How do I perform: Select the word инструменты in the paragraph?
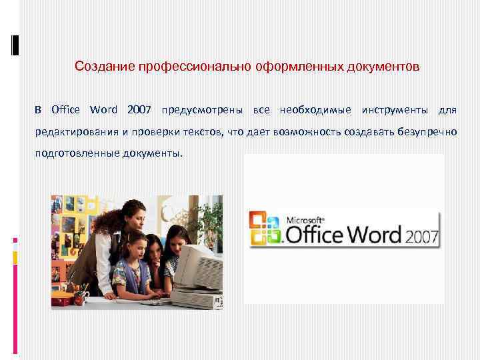coord(395,109)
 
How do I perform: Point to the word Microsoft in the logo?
coord(305,219)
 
